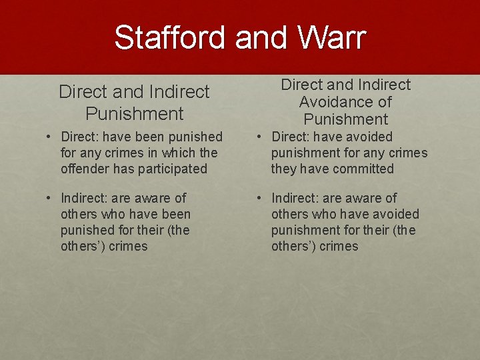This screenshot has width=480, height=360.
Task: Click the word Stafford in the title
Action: (170, 37)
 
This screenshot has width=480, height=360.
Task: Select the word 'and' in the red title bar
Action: (260, 37)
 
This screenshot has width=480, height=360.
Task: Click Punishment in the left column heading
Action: (134, 113)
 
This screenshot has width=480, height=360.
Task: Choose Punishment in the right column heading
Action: (345, 119)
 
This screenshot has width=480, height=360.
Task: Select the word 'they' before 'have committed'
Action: (283, 169)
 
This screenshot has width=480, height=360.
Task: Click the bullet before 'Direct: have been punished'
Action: (49, 137)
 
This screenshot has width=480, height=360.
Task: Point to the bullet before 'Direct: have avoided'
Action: (259, 137)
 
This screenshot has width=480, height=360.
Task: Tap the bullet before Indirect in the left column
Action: (49, 198)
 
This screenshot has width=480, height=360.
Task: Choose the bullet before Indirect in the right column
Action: (259, 198)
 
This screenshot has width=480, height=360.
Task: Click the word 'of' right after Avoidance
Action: (385, 102)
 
